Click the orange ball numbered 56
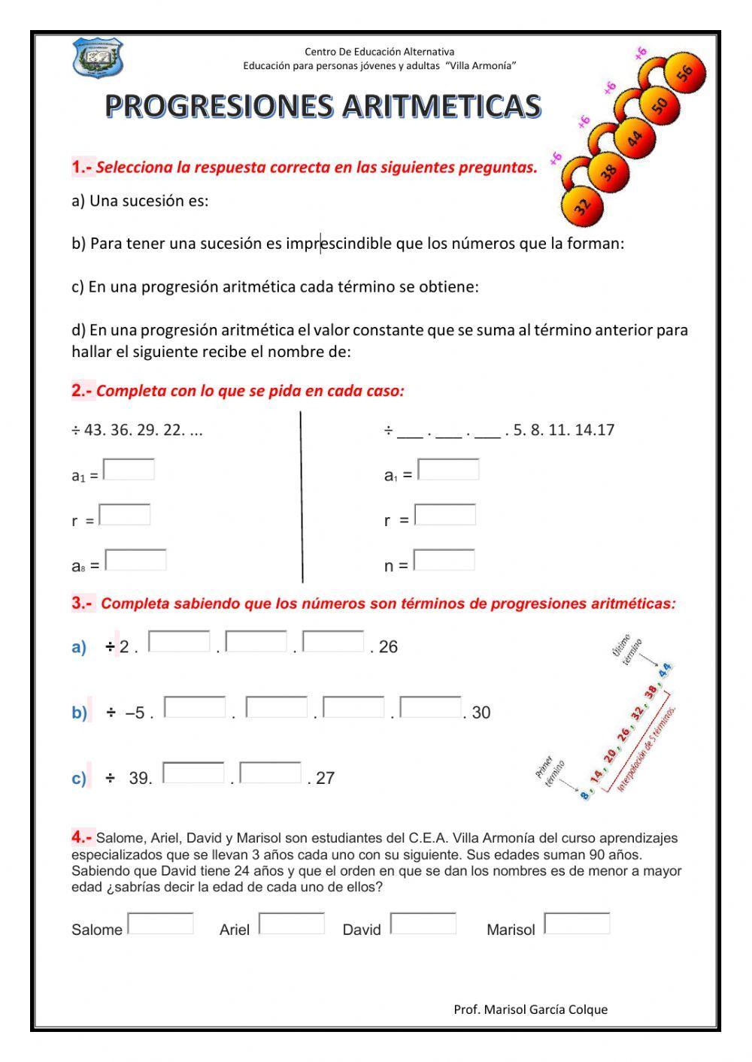pos(684,73)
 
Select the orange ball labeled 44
pos(635,138)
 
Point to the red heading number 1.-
pos(82,167)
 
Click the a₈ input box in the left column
pos(135,561)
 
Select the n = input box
pos(444,561)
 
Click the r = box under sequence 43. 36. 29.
pos(125,515)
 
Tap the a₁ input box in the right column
pos(448,470)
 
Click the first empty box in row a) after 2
pos(179,642)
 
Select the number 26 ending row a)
pos(388,647)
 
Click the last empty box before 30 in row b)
pos(431,707)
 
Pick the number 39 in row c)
pos(139,779)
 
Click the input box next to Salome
pos(160,923)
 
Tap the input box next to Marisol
pos(577,923)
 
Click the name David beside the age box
pos(362,930)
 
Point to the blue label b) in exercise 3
pos(79,713)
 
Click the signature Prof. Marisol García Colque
pos(530,1009)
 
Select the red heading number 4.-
pos(82,837)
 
